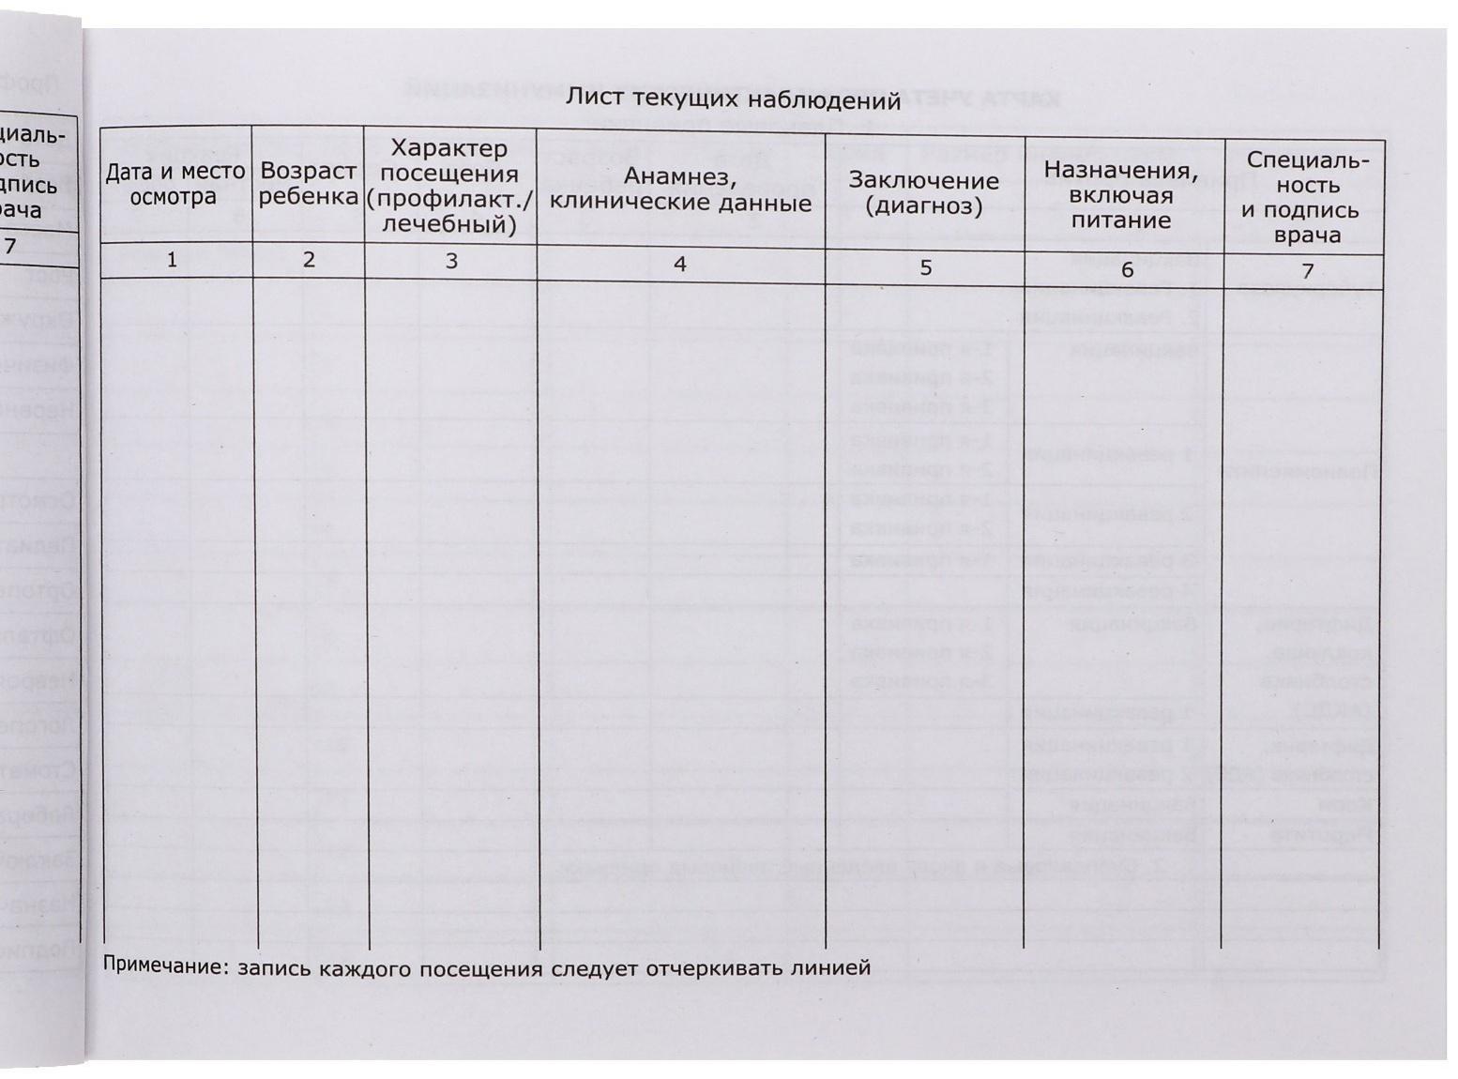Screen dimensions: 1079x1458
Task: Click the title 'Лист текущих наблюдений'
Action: [733, 99]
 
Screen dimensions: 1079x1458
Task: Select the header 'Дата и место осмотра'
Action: [175, 184]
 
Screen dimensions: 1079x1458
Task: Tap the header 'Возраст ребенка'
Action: [309, 184]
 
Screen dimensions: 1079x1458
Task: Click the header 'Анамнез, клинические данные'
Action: [680, 190]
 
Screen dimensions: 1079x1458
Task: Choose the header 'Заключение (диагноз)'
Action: [924, 193]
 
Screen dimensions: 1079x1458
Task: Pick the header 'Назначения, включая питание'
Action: [1121, 196]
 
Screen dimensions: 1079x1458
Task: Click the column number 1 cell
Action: [172, 260]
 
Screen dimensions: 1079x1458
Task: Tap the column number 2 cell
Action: [309, 260]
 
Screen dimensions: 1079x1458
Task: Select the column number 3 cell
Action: [451, 262]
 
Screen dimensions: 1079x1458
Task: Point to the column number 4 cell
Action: [680, 265]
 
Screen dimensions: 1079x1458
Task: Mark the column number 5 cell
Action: [925, 268]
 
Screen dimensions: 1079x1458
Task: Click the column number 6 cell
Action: [1127, 270]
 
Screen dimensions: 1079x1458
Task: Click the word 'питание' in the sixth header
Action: [1121, 221]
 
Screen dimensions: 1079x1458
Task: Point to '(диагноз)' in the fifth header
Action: [924, 206]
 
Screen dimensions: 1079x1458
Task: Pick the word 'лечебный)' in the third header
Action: [449, 225]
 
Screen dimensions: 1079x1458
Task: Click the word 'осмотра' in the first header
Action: [174, 197]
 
